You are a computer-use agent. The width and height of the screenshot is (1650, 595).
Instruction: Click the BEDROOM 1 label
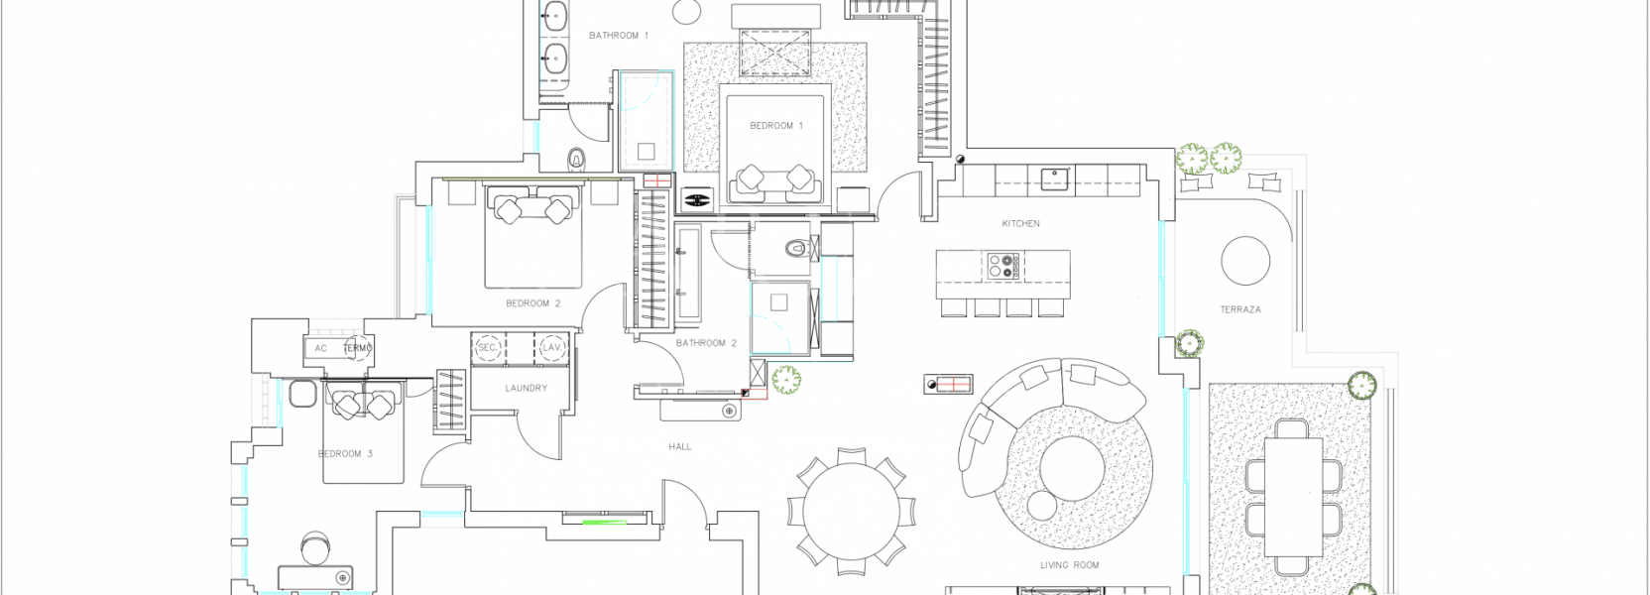click(x=776, y=126)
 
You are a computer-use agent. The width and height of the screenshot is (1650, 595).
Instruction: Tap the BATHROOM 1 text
click(x=619, y=36)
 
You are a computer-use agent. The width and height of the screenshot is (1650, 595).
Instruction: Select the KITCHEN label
click(x=1020, y=224)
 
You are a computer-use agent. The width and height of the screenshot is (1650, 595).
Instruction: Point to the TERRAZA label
click(x=1240, y=310)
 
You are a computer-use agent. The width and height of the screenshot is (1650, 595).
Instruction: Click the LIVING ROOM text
click(x=1069, y=565)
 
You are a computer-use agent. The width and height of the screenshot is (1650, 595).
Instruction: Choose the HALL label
click(x=680, y=447)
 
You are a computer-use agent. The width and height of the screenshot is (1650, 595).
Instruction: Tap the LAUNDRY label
click(x=526, y=389)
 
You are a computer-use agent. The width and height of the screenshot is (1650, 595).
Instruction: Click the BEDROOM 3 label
click(x=345, y=454)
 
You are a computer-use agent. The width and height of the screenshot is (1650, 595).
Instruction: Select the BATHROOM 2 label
click(x=706, y=343)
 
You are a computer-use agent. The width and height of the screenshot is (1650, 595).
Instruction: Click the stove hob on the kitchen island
click(x=1003, y=266)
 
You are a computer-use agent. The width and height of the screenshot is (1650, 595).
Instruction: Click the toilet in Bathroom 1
click(x=577, y=159)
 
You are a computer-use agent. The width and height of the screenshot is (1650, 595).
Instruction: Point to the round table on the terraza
click(x=1245, y=262)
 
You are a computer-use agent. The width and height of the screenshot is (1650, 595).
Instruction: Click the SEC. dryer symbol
click(x=488, y=348)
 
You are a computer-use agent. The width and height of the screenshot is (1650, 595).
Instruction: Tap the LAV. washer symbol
click(x=552, y=348)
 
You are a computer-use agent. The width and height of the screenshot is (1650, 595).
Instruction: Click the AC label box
click(x=320, y=348)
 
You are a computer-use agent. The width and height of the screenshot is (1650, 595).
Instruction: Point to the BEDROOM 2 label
click(x=533, y=303)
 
